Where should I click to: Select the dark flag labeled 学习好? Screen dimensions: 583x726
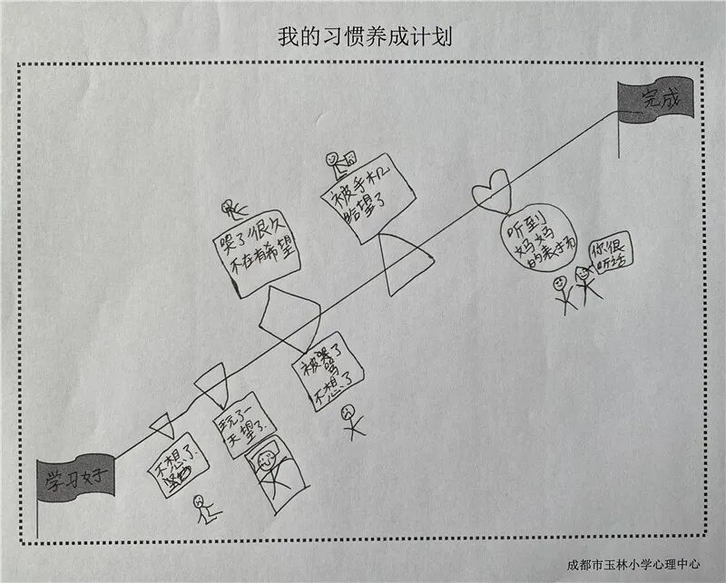coord(76,475)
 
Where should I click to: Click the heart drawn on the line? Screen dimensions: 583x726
coord(493,189)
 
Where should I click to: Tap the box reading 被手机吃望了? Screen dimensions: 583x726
coord(366,200)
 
